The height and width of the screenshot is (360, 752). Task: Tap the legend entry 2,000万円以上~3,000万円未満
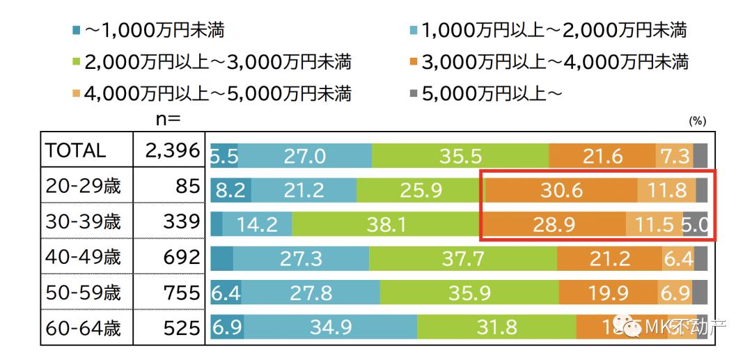pyautogui.click(x=212, y=62)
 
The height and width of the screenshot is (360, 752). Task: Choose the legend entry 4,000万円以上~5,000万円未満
pyautogui.click(x=212, y=93)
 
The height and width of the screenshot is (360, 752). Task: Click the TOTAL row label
pyautogui.click(x=75, y=150)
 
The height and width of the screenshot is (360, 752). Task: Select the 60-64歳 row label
pyautogui.click(x=83, y=327)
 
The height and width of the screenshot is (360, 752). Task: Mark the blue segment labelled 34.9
pyautogui.click(x=330, y=328)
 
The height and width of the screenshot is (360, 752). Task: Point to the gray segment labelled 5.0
pyautogui.click(x=695, y=224)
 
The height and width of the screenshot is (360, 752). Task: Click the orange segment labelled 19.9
pyautogui.click(x=607, y=293)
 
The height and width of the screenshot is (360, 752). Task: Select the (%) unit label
pyautogui.click(x=698, y=121)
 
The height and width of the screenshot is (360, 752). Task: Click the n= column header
pyautogui.click(x=167, y=118)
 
